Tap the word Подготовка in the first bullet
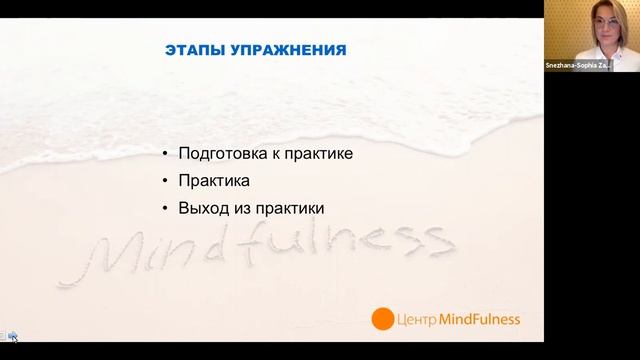[x=223, y=155]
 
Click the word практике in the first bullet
[x=321, y=155]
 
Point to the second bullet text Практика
[x=213, y=182]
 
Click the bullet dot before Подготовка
[x=166, y=155]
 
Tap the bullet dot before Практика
[x=166, y=182]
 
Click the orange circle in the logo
[x=382, y=320]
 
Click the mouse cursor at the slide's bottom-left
[x=12, y=337]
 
